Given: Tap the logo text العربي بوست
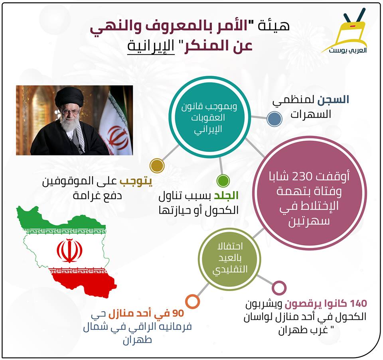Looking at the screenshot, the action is pyautogui.click(x=347, y=51).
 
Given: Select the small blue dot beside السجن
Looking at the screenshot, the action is pyautogui.click(x=274, y=119).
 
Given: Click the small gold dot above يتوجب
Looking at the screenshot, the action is pyautogui.click(x=157, y=165).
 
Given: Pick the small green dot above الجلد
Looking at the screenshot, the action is pyautogui.click(x=223, y=181).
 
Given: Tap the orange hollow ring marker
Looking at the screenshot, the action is pyautogui.click(x=192, y=301).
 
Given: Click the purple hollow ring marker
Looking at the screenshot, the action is pyautogui.click(x=279, y=288).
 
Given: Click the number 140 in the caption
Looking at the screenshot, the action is pyautogui.click(x=358, y=303).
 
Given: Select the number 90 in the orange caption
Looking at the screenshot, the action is pyautogui.click(x=178, y=313).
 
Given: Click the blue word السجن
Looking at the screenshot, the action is pyautogui.click(x=334, y=100).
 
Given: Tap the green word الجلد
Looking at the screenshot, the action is pyautogui.click(x=226, y=196).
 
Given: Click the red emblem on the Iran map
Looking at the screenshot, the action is pyautogui.click(x=69, y=250).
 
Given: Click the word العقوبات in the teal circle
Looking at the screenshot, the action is pyautogui.click(x=208, y=118).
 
